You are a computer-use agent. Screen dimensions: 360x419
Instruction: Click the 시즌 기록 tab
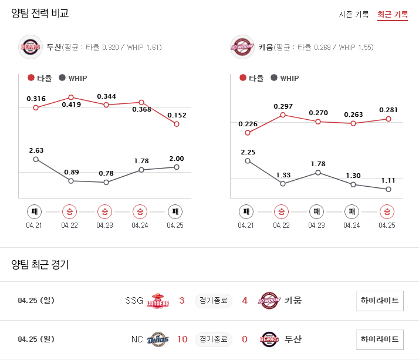coord(354,14)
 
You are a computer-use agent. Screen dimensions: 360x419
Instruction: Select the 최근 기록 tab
coord(393,14)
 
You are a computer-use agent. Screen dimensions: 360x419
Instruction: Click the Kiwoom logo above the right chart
coord(242,47)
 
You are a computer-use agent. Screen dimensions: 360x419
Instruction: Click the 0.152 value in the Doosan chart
coord(177,115)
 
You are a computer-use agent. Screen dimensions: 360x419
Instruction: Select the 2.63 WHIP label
coord(36,150)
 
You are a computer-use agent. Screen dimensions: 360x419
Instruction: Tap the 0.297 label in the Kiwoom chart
coord(283,106)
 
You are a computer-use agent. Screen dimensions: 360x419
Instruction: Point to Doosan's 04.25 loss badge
coord(175,211)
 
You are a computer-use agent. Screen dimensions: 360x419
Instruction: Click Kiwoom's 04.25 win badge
coord(387,211)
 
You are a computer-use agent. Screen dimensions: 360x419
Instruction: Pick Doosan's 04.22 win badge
coord(69,211)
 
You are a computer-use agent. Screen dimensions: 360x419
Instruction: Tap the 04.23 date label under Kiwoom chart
coord(316,225)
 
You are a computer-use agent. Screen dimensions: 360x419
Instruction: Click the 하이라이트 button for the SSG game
coord(380,301)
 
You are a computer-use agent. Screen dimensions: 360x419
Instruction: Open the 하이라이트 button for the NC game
coord(380,339)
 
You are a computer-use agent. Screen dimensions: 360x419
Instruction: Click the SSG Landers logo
coord(157,301)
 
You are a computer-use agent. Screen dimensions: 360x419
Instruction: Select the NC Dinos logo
coord(157,339)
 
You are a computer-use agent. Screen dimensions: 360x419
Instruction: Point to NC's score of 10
coord(182,339)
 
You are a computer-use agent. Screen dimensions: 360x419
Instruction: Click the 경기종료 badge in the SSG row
coord(214,301)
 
